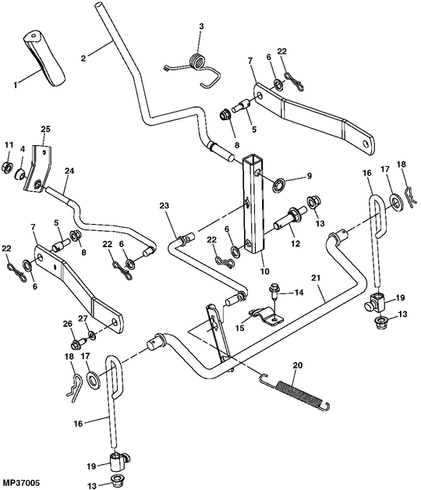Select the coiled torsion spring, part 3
coord(197,64)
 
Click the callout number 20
coord(296,366)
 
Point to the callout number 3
coord(200,27)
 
